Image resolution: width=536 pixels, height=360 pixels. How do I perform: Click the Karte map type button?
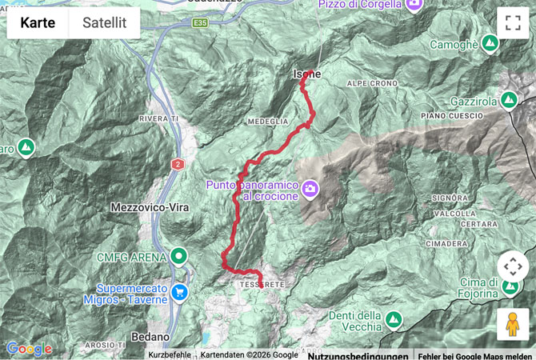(38, 23)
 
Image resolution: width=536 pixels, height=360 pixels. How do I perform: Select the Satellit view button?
(104, 23)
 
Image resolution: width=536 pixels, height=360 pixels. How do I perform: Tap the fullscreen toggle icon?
(513, 23)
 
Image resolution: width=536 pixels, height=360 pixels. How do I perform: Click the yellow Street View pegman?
(513, 324)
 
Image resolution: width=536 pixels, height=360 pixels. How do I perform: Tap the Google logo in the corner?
(29, 349)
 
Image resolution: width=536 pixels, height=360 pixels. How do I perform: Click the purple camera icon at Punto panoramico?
(310, 189)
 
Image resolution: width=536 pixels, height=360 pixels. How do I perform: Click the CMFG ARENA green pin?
(179, 258)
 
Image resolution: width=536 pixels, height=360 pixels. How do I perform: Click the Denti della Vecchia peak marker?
(393, 320)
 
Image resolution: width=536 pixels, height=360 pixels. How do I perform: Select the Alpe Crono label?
(372, 83)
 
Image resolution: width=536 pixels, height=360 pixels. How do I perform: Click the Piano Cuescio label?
(452, 117)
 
